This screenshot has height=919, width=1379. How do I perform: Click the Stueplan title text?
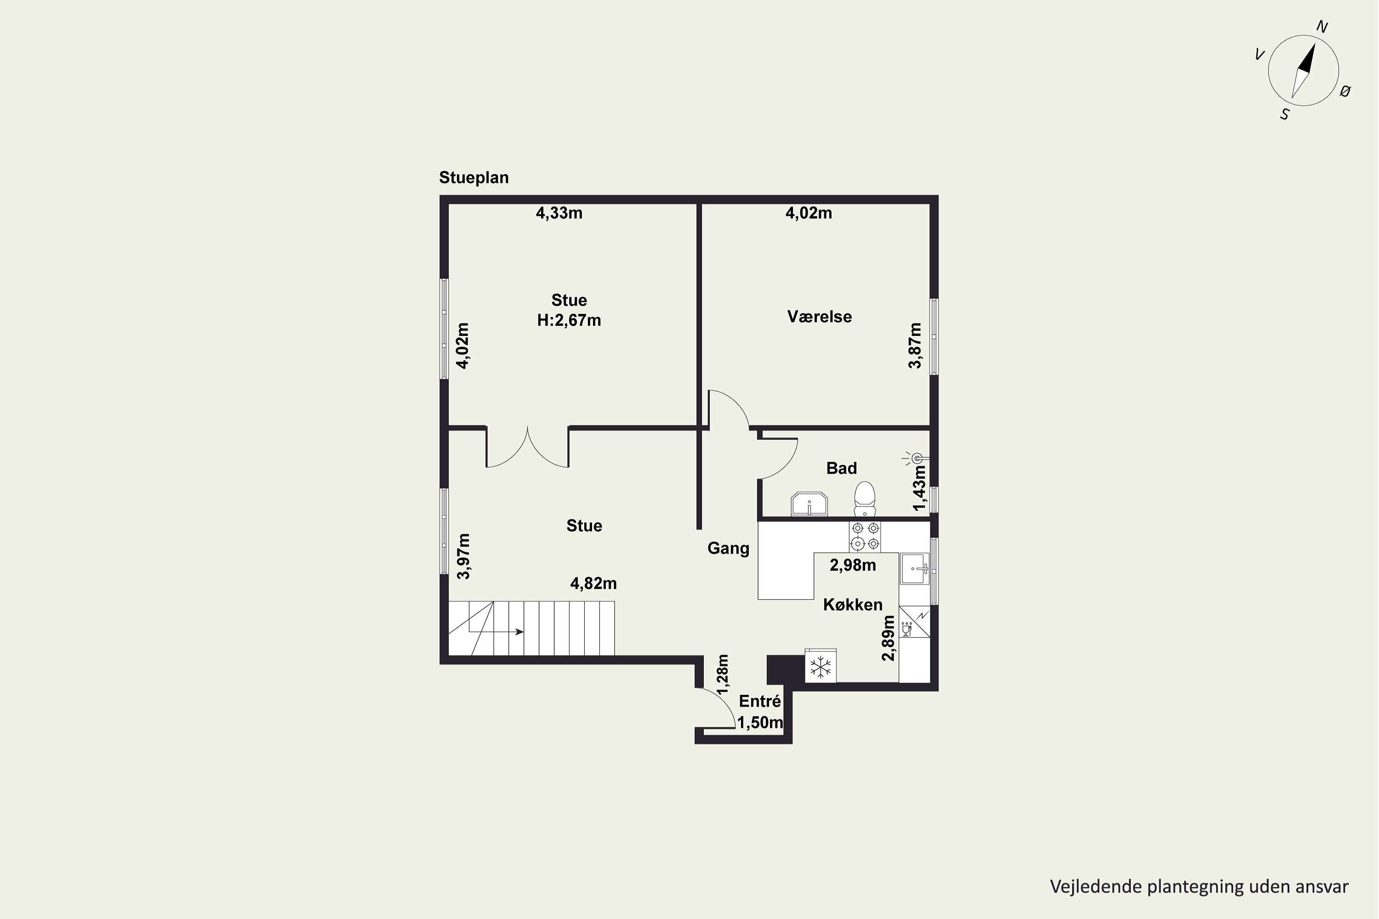[474, 177]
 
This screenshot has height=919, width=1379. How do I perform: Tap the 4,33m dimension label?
[559, 213]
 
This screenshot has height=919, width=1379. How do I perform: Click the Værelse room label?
[819, 317]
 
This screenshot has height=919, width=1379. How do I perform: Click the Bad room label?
[841, 468]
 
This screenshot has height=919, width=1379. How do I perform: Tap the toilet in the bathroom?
[864, 499]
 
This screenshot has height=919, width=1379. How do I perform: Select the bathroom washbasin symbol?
[809, 504]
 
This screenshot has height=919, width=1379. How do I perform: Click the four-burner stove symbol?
[865, 537]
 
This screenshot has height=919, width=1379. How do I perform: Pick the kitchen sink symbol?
[915, 568]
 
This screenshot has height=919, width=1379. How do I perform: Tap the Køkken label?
[853, 605]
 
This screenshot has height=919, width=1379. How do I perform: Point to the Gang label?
[728, 549]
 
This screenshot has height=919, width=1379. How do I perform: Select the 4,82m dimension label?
[593, 584]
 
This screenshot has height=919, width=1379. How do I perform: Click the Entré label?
[760, 701]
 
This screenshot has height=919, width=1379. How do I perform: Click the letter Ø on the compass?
[1345, 91]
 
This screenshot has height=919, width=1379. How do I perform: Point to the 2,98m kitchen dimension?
[853, 565]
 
